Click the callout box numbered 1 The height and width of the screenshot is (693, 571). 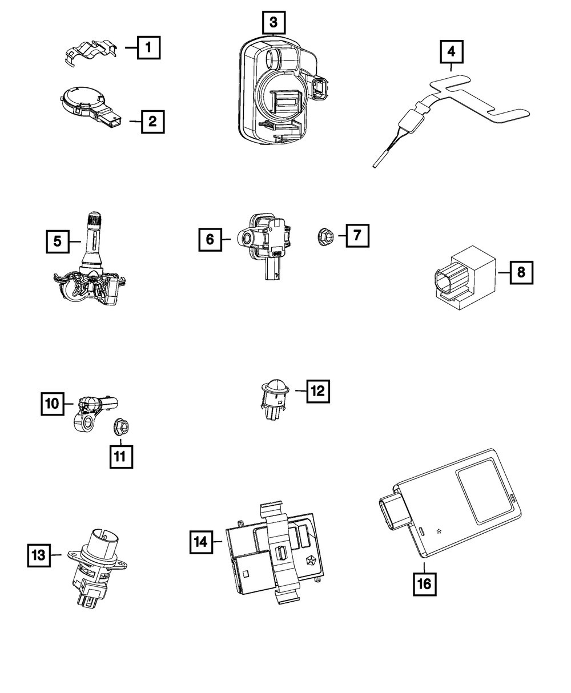pos(148,47)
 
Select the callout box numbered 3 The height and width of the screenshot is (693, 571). pos(274,22)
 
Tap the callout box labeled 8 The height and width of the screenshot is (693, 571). pos(521,272)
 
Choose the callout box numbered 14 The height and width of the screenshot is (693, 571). pos(201,542)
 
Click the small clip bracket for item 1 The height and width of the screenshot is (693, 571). pos(91,53)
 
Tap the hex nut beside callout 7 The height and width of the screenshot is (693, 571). pos(325,236)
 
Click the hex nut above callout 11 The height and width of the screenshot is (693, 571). pos(121,427)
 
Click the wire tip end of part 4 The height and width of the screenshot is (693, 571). pos(375,166)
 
